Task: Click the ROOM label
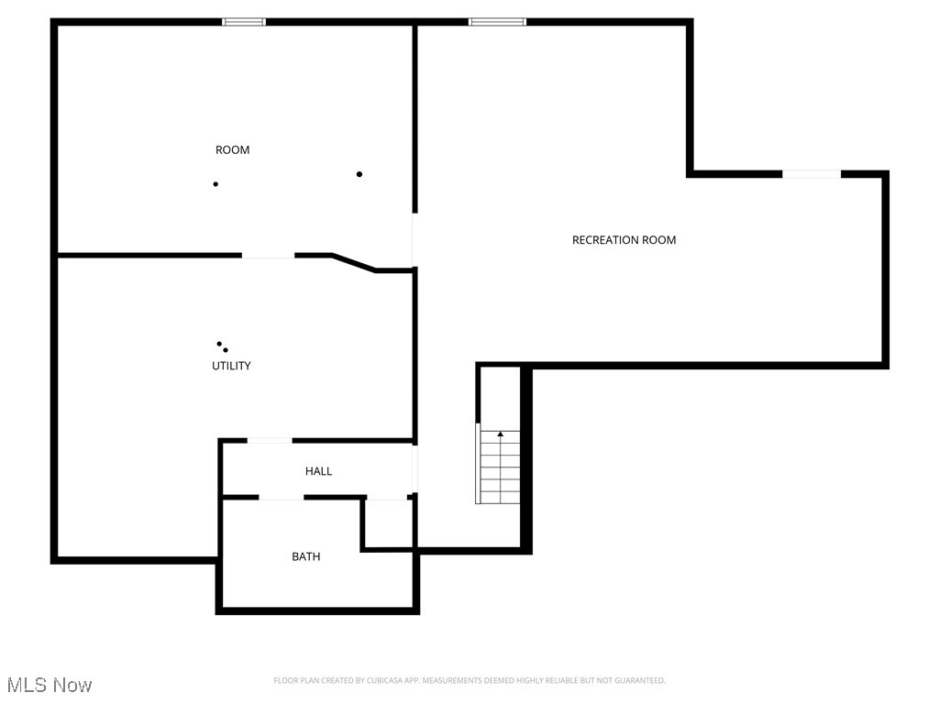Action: tap(232, 150)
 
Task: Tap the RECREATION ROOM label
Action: tap(624, 240)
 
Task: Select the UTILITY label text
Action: tap(231, 366)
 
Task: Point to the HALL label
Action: tap(318, 471)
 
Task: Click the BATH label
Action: tap(305, 556)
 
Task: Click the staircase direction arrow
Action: tap(500, 434)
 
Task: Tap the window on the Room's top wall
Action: tap(244, 21)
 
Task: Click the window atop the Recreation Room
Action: tap(497, 21)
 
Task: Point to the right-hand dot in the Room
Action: tap(359, 174)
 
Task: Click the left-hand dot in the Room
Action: tap(215, 184)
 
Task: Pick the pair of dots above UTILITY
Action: tap(222, 346)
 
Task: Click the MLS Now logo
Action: tap(50, 685)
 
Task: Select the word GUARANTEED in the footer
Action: tap(636, 680)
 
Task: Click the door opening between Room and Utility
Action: tap(269, 256)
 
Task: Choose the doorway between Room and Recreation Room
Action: tap(414, 240)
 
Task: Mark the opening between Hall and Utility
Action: tap(270, 441)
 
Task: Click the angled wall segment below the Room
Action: tap(353, 263)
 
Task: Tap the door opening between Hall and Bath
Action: tap(282, 498)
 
